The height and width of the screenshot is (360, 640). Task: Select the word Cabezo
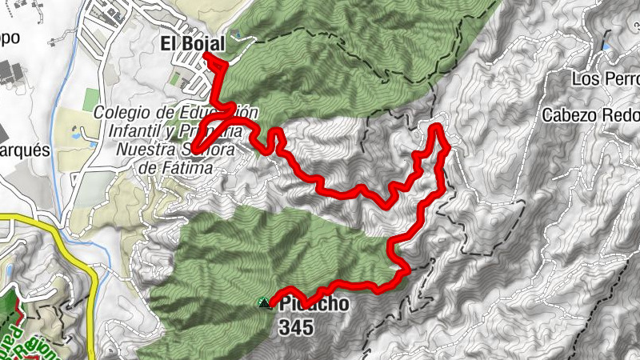(567, 114)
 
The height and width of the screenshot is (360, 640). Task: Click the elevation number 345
(296, 327)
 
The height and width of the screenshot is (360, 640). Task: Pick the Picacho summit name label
(314, 305)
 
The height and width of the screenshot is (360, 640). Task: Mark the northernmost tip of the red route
(438, 126)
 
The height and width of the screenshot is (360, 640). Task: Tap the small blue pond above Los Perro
(606, 47)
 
